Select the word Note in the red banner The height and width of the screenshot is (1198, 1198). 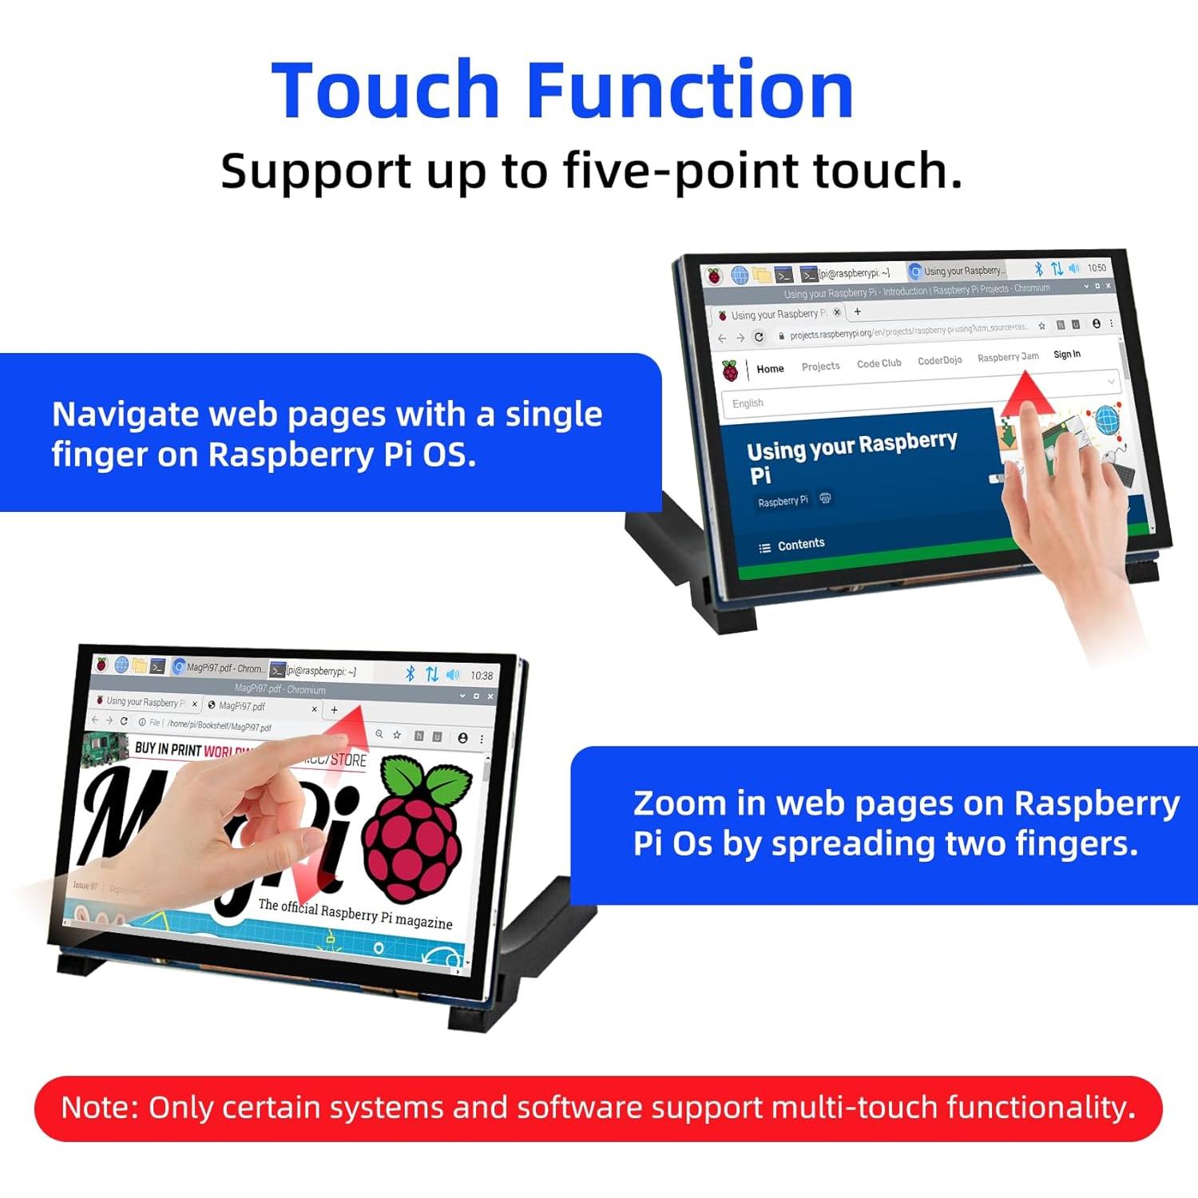100,1108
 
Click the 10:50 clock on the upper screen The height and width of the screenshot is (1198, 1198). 1097,268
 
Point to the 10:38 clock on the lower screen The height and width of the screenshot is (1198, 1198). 482,676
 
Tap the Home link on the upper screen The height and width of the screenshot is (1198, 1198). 770,369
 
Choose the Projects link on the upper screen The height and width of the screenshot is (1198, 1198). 820,366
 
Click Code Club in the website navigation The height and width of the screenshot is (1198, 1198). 879,363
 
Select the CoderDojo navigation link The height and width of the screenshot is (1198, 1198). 939,360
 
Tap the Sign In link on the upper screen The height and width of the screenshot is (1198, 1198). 1066,355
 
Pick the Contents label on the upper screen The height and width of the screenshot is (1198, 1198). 800,544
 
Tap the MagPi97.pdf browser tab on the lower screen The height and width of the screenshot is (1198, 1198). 242,706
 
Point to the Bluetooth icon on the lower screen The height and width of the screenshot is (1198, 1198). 411,674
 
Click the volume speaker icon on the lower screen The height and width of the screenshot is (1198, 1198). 453,675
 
